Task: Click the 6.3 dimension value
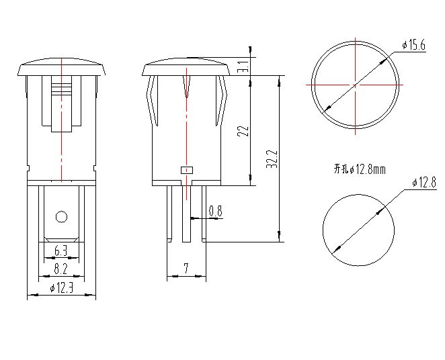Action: (61, 251)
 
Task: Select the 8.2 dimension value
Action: (60, 269)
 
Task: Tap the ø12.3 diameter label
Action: (61, 288)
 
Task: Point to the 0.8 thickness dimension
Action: (216, 211)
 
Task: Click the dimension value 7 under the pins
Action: (186, 268)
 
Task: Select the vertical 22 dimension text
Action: (244, 131)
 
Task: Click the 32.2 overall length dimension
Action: (272, 159)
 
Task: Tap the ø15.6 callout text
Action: (414, 45)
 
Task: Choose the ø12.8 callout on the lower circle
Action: (424, 183)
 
